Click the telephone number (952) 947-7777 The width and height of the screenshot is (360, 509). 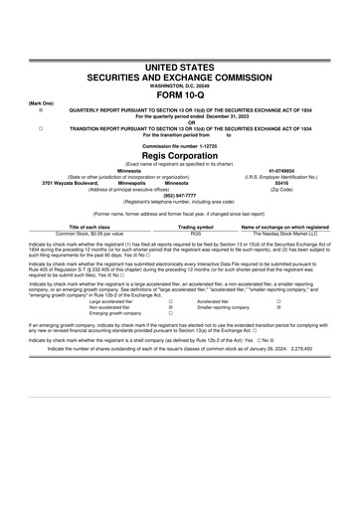(x=180, y=195)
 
